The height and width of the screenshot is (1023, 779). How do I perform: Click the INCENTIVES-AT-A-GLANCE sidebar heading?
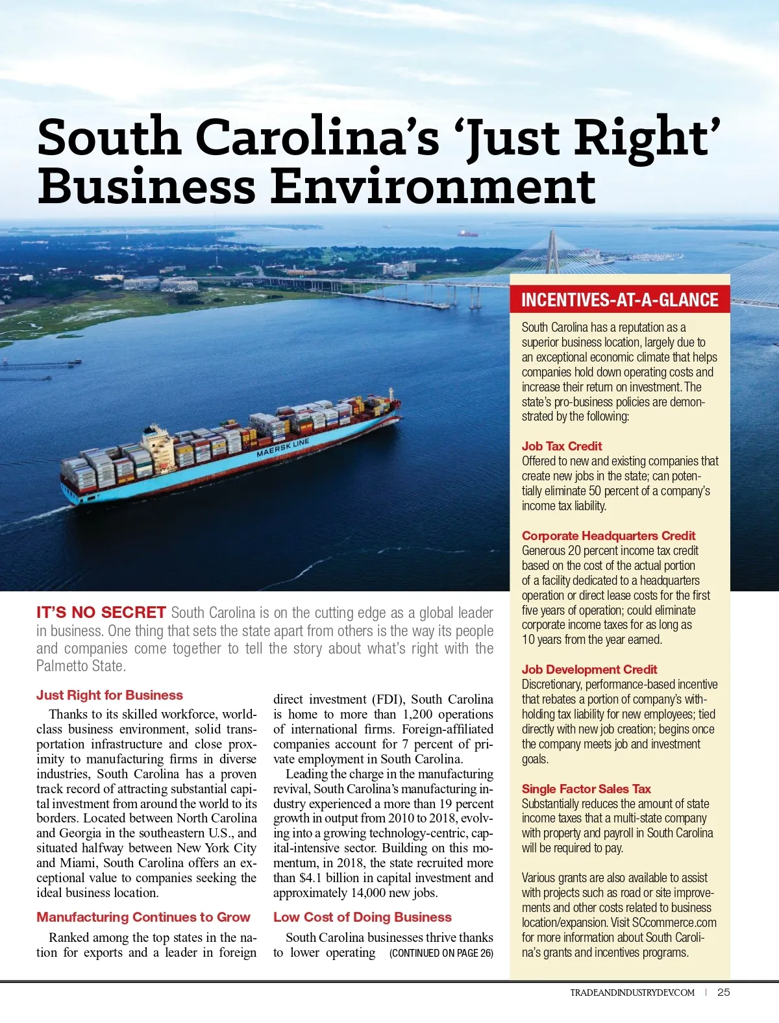619,300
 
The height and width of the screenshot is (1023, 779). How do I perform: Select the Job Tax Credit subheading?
562,446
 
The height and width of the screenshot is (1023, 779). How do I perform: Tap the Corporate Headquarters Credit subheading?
608,536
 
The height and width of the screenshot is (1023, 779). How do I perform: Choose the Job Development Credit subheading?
589,669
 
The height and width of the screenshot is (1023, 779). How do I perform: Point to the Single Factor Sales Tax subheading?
586,789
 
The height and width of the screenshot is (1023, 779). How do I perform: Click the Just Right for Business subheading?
110,695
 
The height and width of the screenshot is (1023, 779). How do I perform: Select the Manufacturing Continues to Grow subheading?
143,917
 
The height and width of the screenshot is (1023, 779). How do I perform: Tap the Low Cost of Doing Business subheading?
362,917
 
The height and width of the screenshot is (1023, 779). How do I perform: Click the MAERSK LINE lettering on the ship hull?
283,448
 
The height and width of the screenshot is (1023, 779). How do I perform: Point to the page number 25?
724,992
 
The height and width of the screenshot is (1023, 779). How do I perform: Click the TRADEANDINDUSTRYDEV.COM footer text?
632,992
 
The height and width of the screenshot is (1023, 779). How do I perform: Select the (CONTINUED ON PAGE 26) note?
441,953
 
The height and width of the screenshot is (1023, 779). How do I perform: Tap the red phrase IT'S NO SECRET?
101,612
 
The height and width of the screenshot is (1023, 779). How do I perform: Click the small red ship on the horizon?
467,232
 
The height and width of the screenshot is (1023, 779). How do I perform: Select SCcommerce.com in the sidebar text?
680,922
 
